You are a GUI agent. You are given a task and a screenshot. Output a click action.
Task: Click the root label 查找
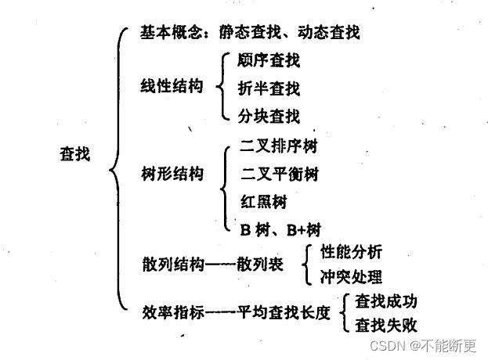pos(74,155)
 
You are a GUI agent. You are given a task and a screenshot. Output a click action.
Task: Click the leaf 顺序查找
pos(269,60)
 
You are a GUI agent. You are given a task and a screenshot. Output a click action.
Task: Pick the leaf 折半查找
pos(269,88)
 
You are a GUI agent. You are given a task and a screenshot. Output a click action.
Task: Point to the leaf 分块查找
pos(269,117)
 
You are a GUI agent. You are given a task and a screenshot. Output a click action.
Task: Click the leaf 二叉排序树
pos(279,146)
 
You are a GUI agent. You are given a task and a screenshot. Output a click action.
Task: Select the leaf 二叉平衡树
pos(279,174)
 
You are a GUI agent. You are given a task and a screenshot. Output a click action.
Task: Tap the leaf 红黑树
pos(263,201)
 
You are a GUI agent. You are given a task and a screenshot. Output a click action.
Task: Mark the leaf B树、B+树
pos(279,229)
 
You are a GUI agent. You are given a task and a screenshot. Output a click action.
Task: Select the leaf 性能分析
pos(351,252)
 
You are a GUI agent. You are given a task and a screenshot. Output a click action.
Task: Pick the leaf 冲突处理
pos(351,276)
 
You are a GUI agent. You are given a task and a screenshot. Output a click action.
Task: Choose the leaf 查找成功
pos(386,300)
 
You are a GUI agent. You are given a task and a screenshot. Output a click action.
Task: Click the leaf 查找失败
pos(386,323)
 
